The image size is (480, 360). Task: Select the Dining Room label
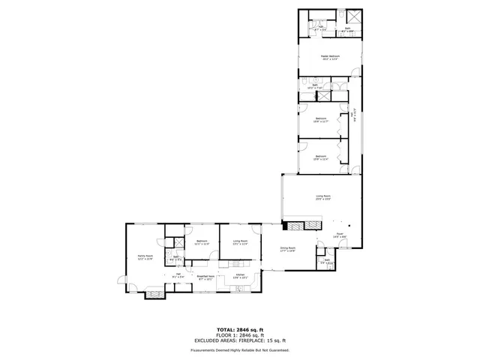pyautogui.click(x=288, y=249)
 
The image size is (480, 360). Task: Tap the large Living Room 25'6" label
pyautogui.click(x=322, y=198)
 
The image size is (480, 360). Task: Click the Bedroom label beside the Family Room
pyautogui.click(x=202, y=242)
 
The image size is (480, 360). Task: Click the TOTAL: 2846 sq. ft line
pyautogui.click(x=240, y=330)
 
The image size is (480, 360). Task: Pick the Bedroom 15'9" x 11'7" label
pyautogui.click(x=321, y=120)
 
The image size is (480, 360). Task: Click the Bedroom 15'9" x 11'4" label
pyautogui.click(x=321, y=157)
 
